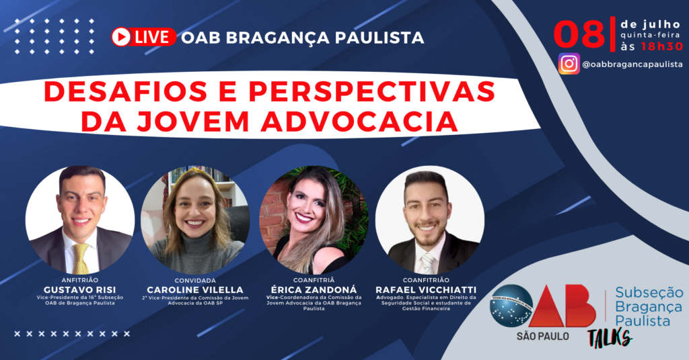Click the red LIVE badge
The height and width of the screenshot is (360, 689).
(144, 37)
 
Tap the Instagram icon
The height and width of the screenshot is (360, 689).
(569, 64)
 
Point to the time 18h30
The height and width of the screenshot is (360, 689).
(662, 46)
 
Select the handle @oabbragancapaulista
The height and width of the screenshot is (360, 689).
(632, 64)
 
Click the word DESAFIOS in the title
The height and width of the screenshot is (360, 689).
(125, 91)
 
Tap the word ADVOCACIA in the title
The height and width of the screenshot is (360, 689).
(359, 121)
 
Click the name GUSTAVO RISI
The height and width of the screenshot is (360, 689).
(80, 290)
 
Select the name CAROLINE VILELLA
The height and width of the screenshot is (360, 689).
(195, 290)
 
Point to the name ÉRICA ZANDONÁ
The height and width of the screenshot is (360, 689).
(314, 290)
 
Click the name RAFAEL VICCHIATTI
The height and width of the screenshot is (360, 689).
(426, 290)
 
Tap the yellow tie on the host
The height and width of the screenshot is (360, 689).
(81, 259)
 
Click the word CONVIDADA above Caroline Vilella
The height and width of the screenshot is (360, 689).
(195, 280)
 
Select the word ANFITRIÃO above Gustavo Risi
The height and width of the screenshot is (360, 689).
(80, 280)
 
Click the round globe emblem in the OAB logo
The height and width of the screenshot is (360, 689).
(511, 306)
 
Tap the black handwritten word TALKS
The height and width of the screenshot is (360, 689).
(610, 338)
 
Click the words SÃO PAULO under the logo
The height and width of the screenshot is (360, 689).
(543, 336)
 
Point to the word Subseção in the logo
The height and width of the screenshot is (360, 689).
(649, 292)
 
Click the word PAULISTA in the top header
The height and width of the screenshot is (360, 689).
(379, 38)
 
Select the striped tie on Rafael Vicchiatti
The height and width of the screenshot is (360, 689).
(427, 263)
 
